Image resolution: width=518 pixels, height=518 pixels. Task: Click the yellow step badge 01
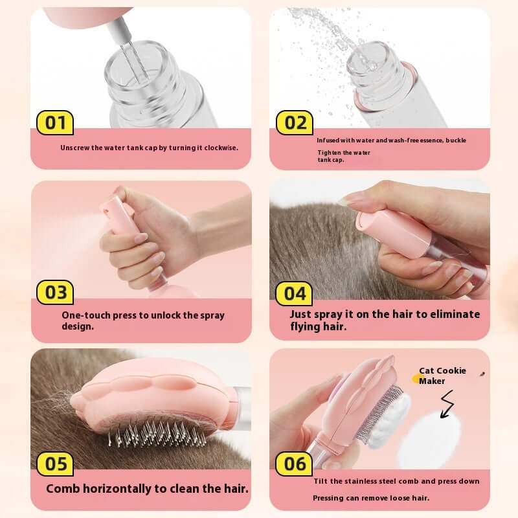click(55, 122)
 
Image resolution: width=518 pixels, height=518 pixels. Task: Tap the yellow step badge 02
click(295, 122)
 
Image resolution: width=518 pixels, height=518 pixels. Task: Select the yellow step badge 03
click(55, 292)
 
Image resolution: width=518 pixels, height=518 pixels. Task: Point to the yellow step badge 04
click(295, 293)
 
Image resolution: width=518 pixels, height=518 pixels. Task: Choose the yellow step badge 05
click(55, 464)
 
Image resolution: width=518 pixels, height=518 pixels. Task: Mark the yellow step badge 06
click(295, 464)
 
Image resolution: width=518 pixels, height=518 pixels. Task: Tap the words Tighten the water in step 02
click(343, 152)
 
